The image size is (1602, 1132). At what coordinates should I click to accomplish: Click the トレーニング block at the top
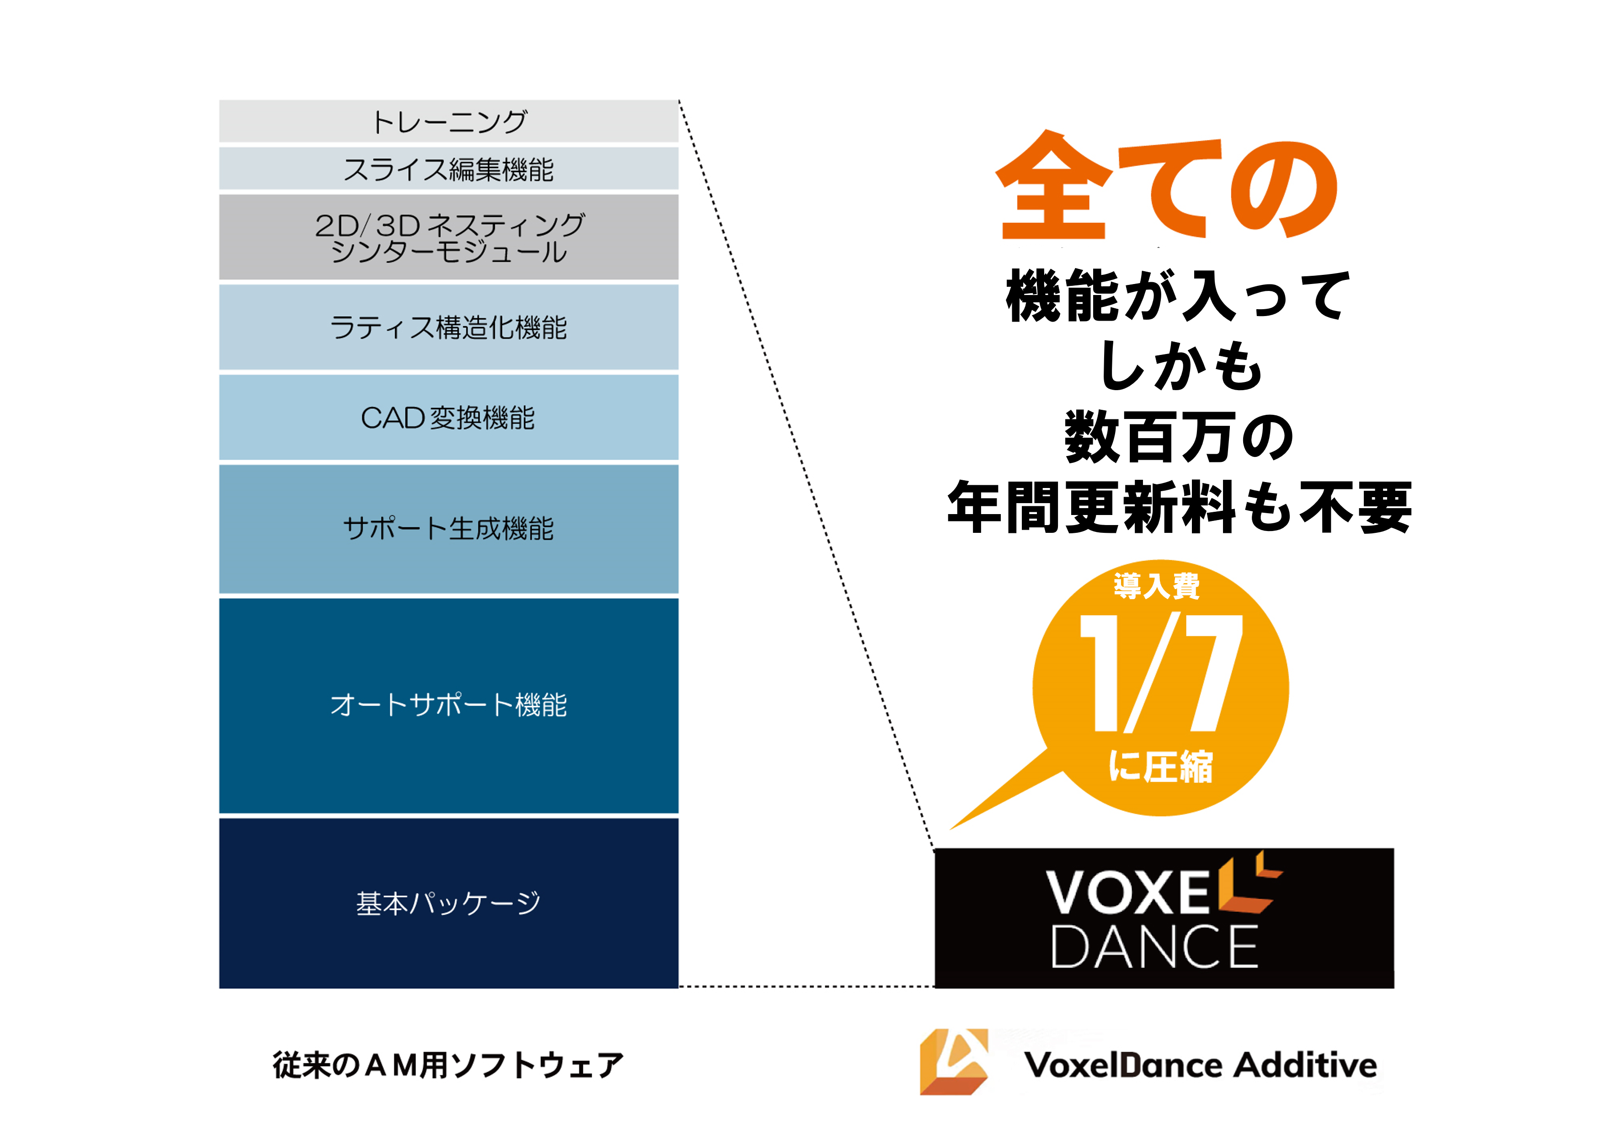point(449,122)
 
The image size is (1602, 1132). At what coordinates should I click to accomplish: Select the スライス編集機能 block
point(449,169)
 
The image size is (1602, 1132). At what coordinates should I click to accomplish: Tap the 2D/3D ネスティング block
point(449,237)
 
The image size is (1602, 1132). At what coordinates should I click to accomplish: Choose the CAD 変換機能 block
point(449,417)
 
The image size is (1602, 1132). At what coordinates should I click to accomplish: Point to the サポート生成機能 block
point(449,528)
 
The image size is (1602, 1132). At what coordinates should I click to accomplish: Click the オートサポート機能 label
point(449,705)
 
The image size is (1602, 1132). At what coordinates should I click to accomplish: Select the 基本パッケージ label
point(449,903)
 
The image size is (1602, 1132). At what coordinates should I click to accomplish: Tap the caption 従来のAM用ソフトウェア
point(449,1065)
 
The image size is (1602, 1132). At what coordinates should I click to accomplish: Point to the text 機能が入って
point(1178,296)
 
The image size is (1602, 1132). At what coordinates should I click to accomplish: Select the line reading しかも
point(1180,366)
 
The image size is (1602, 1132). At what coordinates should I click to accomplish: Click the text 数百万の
point(1179,437)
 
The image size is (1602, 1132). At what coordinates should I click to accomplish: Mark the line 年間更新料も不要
point(1179,507)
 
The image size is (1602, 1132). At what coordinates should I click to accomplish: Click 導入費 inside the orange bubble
point(1157,586)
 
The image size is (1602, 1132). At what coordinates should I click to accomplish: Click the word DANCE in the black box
point(1155,947)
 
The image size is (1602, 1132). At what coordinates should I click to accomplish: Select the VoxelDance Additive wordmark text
point(1200,1065)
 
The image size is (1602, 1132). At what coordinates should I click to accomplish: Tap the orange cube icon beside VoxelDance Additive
point(954,1062)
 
